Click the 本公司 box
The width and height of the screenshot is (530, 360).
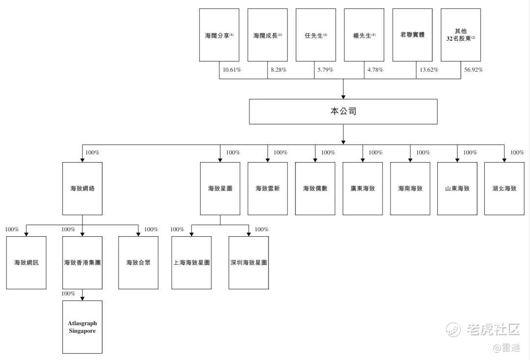click(343, 111)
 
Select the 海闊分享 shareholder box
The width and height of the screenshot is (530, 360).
click(219, 35)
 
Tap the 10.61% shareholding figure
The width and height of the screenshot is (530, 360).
click(232, 70)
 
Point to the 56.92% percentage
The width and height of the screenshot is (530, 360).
click(473, 70)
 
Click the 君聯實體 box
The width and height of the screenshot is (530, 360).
click(412, 35)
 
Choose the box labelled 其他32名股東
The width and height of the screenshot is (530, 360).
click(460, 35)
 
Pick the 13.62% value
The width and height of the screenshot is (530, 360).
click(429, 70)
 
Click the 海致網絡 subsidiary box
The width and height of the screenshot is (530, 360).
click(82, 189)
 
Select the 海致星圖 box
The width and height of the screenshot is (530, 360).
click(220, 189)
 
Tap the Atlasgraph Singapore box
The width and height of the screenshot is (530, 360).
click(82, 327)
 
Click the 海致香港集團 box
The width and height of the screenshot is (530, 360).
click(82, 263)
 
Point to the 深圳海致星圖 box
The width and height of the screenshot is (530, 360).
click(249, 263)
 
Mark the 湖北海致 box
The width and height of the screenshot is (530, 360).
click(504, 189)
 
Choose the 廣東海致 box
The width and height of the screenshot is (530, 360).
click(363, 189)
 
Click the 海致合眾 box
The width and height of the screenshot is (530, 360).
click(138, 263)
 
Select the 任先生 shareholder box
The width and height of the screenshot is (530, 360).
click(316, 35)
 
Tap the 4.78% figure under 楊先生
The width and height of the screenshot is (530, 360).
click(375, 70)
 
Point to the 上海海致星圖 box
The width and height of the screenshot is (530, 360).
click(191, 263)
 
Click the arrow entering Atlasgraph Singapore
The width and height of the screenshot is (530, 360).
click(82, 297)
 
